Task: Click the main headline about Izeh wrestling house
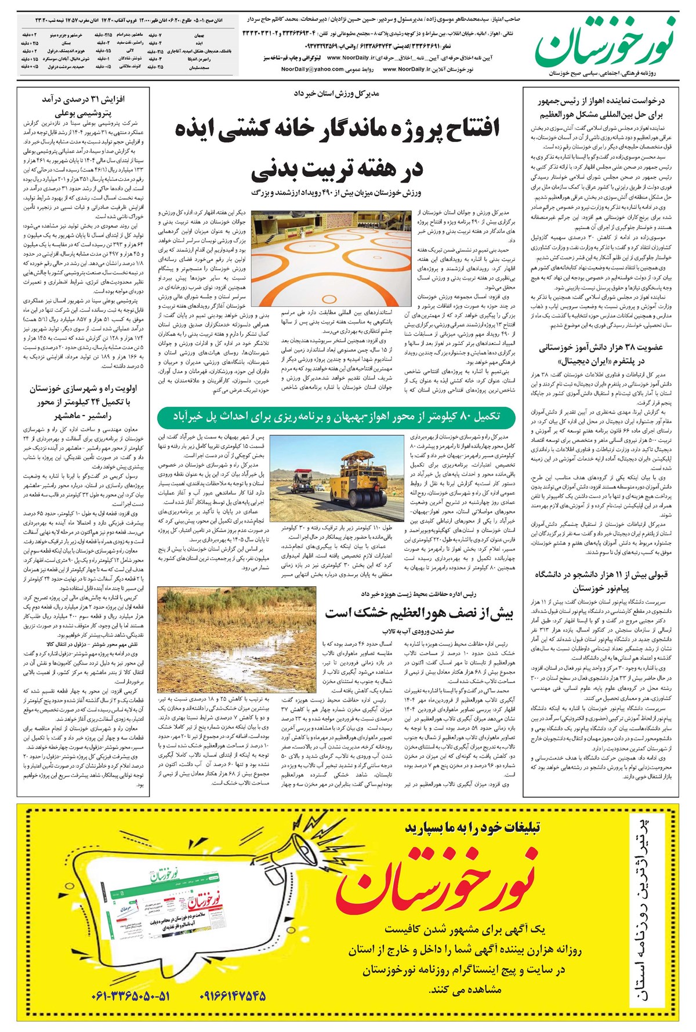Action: click(336, 148)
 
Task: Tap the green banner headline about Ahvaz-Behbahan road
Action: click(336, 416)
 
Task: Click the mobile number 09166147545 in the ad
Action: click(233, 996)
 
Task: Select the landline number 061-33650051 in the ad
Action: click(131, 996)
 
